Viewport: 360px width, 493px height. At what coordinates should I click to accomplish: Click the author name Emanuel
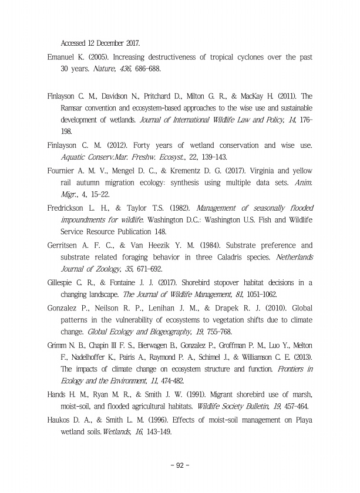[63, 58]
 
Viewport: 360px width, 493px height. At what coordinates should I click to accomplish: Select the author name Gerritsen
[66, 246]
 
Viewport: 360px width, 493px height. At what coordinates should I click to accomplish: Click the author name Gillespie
[63, 283]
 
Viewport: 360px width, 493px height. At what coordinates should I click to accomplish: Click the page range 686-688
[144, 69]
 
